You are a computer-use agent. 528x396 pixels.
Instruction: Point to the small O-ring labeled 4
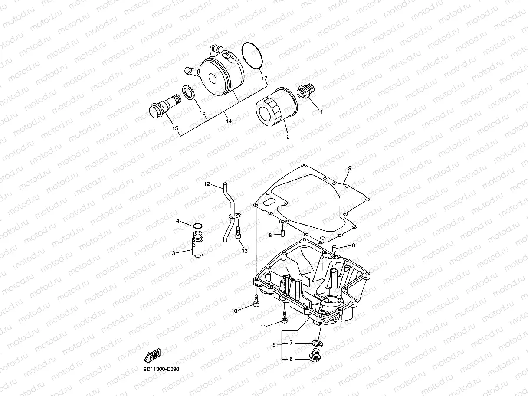coord(197,225)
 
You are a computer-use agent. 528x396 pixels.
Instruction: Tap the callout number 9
coord(349,168)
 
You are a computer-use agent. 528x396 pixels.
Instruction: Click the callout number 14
coord(229,122)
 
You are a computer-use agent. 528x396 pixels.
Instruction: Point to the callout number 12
coord(207,184)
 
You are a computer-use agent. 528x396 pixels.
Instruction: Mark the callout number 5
coord(274,345)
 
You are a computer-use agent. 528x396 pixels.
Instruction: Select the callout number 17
coord(265,79)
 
